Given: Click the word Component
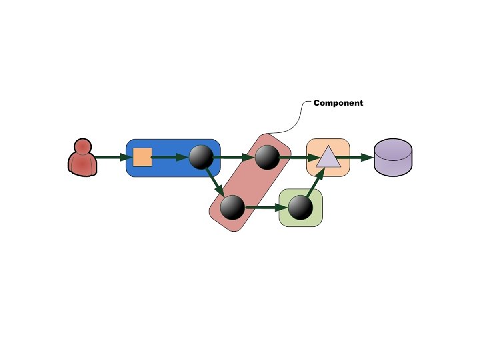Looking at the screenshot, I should [x=338, y=103].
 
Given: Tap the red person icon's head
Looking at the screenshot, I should [x=83, y=147].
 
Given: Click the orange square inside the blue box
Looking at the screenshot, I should [x=143, y=157].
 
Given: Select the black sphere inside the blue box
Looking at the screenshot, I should [x=201, y=157].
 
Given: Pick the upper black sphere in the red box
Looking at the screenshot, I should [x=267, y=157].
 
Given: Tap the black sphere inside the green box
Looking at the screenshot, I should [x=300, y=207].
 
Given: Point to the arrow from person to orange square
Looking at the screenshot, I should [x=112, y=157].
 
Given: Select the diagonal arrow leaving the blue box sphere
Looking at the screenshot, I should [x=215, y=181].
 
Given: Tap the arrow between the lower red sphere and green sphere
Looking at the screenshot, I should [x=266, y=207].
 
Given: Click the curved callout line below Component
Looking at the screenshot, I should [x=290, y=120].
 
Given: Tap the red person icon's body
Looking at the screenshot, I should [x=83, y=165].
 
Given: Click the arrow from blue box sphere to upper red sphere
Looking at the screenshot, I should [x=233, y=157].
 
